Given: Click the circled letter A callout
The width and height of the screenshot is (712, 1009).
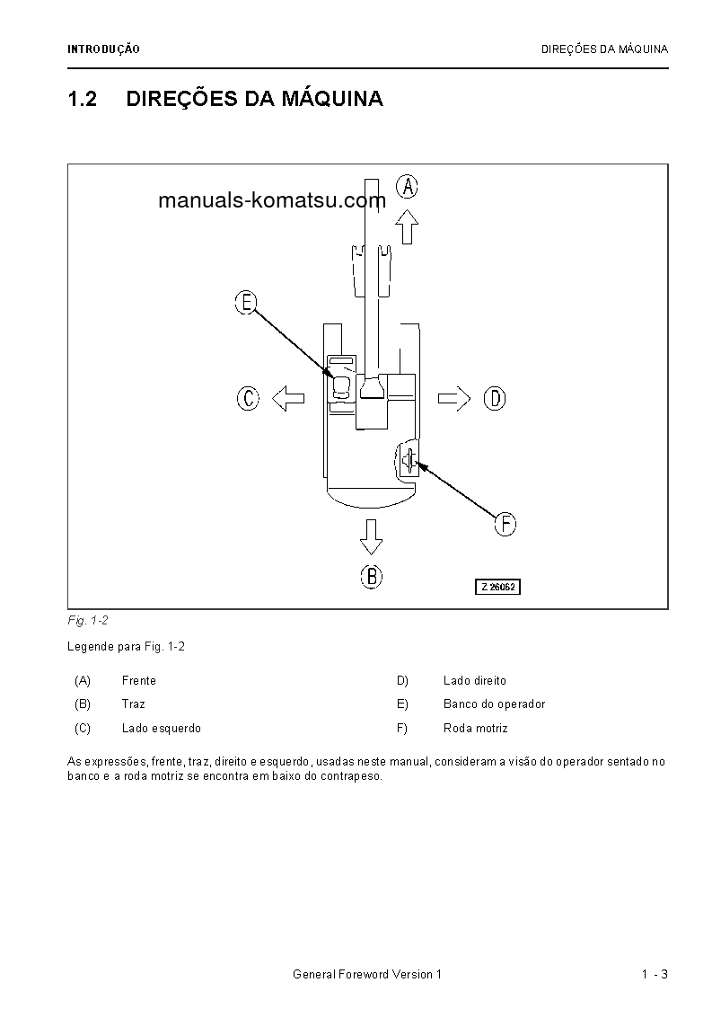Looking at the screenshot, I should click(409, 187).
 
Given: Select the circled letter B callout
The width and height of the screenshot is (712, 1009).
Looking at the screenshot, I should click(372, 576).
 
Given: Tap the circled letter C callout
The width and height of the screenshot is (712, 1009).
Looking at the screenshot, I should click(248, 398).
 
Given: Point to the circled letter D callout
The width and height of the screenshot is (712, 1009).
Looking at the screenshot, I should click(495, 398).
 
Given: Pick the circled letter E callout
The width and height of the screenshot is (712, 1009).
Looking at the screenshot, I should click(246, 302).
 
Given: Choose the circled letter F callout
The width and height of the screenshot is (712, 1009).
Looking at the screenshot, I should click(505, 524).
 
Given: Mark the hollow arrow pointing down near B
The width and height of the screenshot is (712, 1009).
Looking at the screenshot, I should click(371, 535).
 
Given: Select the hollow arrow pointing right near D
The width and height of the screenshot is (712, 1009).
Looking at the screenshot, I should click(454, 398).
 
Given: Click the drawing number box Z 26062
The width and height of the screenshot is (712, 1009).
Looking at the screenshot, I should click(497, 587).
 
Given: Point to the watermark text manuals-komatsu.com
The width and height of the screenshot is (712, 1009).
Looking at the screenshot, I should click(271, 200).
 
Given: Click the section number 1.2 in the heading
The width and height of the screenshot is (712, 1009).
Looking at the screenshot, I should click(82, 99).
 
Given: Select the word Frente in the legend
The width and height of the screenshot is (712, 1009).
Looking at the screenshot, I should click(138, 681).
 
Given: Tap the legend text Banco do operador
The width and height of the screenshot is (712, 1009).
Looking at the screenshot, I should click(494, 704).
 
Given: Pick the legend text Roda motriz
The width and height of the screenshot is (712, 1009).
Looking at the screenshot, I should click(475, 729).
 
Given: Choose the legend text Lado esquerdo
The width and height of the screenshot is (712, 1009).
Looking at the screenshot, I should click(161, 729).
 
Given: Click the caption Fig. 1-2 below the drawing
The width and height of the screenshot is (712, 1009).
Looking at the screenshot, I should click(88, 621).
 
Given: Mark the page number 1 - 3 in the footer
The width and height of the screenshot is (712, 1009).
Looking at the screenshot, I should click(655, 975).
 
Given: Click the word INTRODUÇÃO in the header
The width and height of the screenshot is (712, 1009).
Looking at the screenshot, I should click(103, 50).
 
